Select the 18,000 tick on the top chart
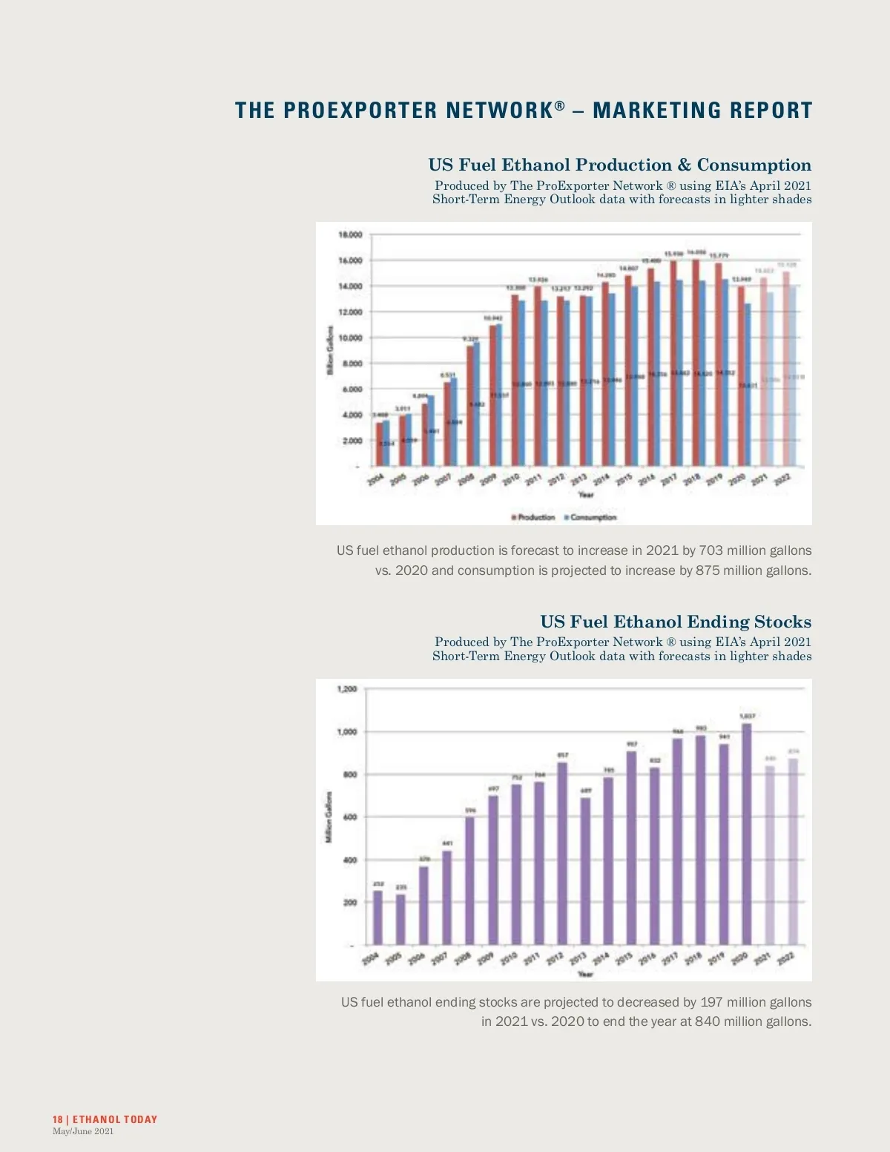pos(350,235)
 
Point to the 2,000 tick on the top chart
pos(350,441)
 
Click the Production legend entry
pos(533,517)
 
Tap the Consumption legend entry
pos(590,517)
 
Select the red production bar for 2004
pos(379,444)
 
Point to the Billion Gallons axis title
pos(330,349)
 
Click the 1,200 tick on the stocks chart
pos(347,689)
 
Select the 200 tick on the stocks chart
pos(349,903)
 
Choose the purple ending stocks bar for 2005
pos(400,919)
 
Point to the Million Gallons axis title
pos(328,817)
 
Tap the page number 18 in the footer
pos(57,1119)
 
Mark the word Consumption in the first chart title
pos(754,165)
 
